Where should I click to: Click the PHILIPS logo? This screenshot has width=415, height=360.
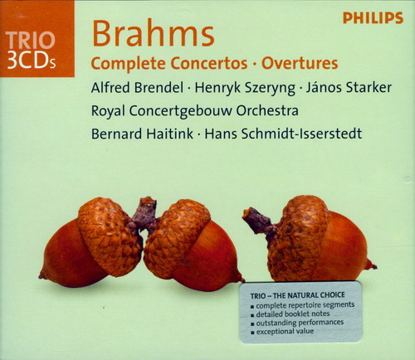coord(373,18)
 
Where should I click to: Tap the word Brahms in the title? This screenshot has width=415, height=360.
coord(154,34)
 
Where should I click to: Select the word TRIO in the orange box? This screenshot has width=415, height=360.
coord(31,41)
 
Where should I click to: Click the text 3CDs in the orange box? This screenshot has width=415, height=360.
coord(32,60)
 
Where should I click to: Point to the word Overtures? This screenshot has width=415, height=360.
coord(300,63)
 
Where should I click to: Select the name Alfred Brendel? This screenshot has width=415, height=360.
coord(137,88)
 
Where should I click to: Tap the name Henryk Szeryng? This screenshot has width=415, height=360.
coord(245,89)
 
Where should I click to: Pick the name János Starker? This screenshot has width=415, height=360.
coord(349,87)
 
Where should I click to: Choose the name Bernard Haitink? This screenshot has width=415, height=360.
coord(142,134)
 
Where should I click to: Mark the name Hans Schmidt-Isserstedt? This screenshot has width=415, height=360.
coord(283,134)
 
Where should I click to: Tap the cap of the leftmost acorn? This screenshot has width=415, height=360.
coord(110,235)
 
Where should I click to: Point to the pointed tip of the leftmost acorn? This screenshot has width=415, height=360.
coord(41,275)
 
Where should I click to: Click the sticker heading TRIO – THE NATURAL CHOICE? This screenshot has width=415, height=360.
coord(298,295)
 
